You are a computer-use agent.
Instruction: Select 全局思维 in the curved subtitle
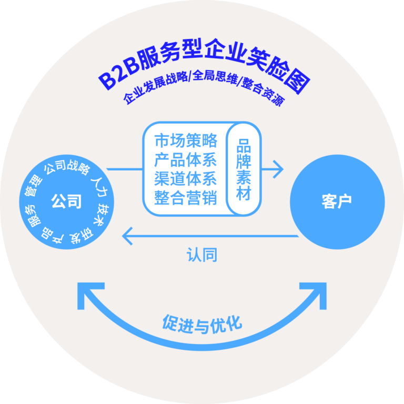pos(215,77)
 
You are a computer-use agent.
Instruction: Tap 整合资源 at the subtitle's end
pos(263,91)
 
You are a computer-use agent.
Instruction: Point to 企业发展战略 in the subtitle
pos(155,87)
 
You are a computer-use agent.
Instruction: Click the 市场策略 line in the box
pos(186,140)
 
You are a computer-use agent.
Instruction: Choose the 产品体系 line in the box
pos(186,160)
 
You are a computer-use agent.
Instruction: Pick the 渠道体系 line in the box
pos(186,179)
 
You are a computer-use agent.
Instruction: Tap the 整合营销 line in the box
pos(186,198)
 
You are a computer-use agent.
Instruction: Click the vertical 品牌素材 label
pos(244,169)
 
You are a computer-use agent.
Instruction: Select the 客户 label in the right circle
pos(337,201)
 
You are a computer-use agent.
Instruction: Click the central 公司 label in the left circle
pos(66,201)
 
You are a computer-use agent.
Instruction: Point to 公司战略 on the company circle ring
pos(67,167)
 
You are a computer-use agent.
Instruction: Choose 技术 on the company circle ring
pos(103,215)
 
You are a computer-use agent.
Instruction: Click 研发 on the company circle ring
pos(81,236)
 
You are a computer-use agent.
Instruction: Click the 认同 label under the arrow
pos(202,255)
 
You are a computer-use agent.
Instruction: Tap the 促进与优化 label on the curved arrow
pos(202,324)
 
